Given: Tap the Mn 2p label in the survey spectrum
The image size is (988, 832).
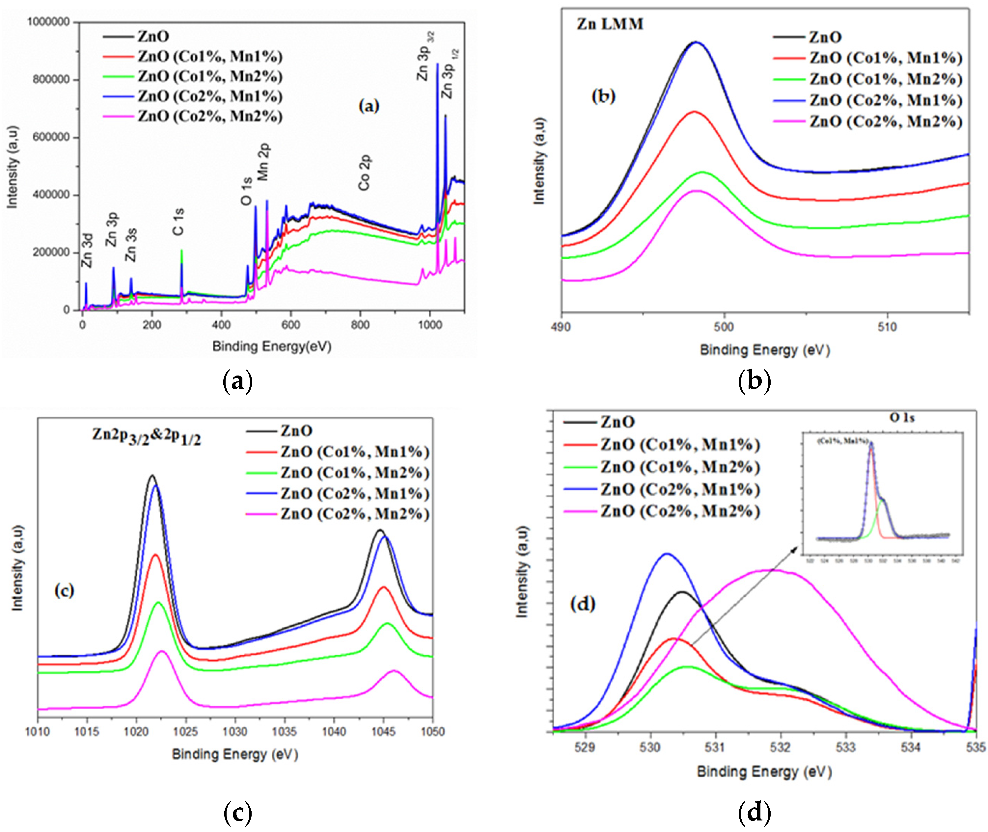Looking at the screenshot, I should tap(263, 163).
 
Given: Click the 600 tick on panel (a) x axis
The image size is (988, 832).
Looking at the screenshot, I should tap(291, 325).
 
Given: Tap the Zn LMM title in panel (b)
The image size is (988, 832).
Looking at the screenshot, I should tap(610, 24).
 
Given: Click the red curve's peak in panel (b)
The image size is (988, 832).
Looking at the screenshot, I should tap(694, 112).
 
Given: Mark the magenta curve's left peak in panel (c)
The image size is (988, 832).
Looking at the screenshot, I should tap(162, 651).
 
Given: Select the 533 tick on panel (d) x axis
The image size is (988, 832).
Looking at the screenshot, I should tap(846, 747).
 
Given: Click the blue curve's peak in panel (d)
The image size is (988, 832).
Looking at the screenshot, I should tap(667, 554).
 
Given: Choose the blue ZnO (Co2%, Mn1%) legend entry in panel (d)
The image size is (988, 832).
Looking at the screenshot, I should tap(680, 490).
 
